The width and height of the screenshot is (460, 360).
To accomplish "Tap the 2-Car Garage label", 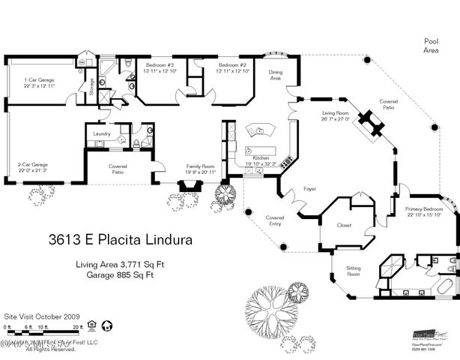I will click(x=31, y=168).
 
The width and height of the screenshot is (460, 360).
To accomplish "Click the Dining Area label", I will click(x=276, y=75).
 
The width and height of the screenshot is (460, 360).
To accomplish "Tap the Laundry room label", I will click(x=102, y=134).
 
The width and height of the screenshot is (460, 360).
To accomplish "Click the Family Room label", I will click(x=201, y=169).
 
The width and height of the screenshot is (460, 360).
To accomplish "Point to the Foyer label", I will click(x=309, y=190).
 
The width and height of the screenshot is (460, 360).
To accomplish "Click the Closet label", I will click(x=345, y=224).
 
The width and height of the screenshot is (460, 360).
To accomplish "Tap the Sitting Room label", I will click(x=353, y=271).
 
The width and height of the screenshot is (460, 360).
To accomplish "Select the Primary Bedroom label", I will click(x=423, y=211).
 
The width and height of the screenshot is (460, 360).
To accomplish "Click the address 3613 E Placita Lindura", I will click(x=121, y=241).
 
